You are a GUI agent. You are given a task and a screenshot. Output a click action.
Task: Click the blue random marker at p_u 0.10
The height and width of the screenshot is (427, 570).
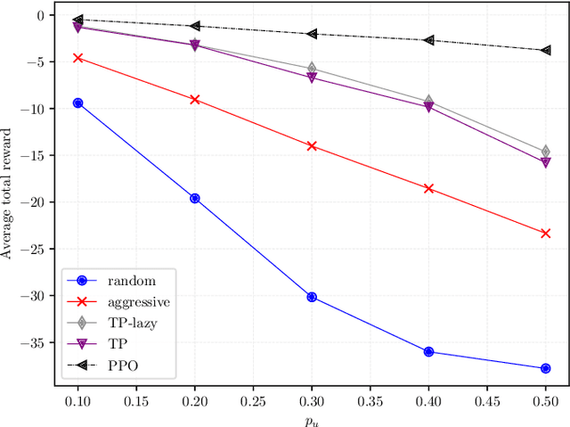pyautogui.click(x=78, y=103)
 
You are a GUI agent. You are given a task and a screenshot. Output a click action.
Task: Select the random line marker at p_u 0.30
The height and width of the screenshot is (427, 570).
pyautogui.click(x=312, y=297)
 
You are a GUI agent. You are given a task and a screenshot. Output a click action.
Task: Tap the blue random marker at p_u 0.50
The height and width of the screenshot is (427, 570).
pyautogui.click(x=546, y=368)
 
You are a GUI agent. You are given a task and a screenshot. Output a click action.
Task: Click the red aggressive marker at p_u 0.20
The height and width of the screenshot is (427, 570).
pyautogui.click(x=195, y=99)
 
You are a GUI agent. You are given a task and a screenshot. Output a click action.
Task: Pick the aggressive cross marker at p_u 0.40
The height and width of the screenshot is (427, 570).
pyautogui.click(x=428, y=188)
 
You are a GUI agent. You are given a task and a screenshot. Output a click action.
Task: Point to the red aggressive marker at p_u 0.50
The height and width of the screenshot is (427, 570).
pyautogui.click(x=546, y=233)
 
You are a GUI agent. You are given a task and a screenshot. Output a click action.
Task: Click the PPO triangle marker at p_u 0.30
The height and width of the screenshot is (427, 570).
pyautogui.click(x=312, y=34)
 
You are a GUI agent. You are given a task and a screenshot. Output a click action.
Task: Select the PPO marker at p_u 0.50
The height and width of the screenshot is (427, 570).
pyautogui.click(x=546, y=50)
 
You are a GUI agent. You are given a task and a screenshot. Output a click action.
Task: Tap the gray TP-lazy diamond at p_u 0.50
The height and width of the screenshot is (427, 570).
pyautogui.click(x=546, y=152)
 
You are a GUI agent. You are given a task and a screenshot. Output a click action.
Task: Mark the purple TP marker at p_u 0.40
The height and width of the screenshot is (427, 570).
pyautogui.click(x=428, y=107)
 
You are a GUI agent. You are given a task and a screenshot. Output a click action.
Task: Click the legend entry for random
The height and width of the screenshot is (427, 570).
pyautogui.click(x=124, y=281)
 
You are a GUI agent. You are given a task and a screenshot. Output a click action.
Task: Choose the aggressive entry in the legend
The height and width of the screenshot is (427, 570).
pyautogui.click(x=134, y=302)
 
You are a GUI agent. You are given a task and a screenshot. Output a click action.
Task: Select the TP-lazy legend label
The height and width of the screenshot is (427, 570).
pyautogui.click(x=130, y=323)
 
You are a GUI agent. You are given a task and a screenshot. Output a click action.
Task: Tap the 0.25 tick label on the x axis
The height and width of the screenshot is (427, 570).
pyautogui.click(x=253, y=402)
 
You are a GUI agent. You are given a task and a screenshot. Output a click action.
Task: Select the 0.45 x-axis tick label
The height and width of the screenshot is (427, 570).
pyautogui.click(x=487, y=402)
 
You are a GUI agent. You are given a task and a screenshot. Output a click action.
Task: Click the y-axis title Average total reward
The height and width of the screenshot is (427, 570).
pyautogui.click(x=8, y=193)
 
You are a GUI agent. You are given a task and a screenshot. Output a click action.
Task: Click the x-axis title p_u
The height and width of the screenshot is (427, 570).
pyautogui.click(x=313, y=419)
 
